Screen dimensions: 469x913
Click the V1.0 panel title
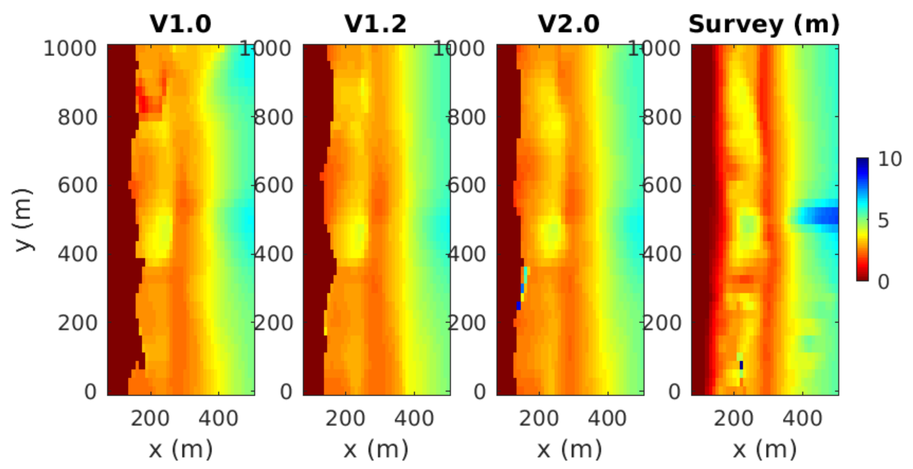180,24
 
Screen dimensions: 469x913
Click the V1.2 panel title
376,24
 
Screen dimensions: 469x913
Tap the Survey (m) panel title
764,24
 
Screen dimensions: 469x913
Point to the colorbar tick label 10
889,159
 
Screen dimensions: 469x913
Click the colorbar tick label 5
883,220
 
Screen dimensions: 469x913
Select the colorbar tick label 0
883,282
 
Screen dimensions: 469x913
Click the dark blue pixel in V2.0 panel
518,306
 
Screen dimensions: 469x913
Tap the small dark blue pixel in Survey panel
741,365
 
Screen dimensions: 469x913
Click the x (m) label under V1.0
180,450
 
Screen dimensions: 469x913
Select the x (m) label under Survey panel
764,450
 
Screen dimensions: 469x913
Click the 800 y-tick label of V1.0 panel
77,117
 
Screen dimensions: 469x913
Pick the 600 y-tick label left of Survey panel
661,185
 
